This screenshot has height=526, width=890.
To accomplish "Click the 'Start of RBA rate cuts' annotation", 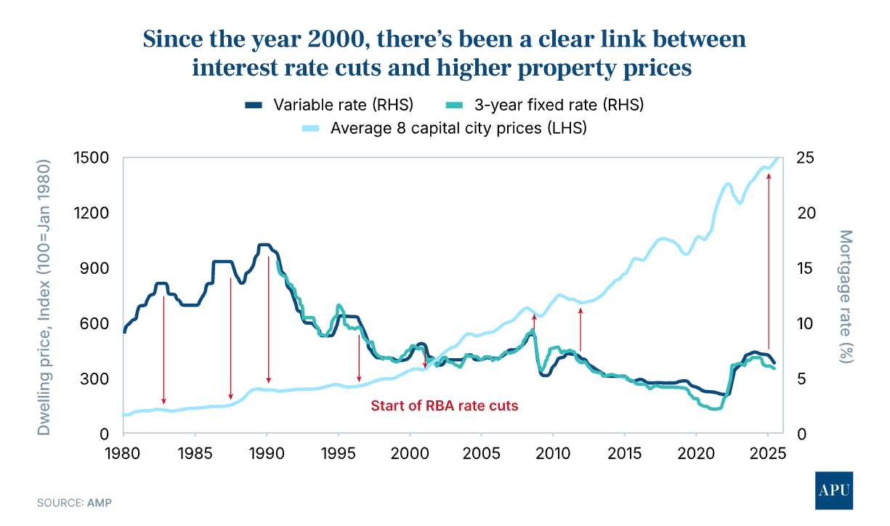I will [x=445, y=406].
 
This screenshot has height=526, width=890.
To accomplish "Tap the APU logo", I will [x=834, y=490].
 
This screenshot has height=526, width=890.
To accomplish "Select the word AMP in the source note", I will [x=100, y=502].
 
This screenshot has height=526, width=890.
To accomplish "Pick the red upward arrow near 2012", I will [x=580, y=330].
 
